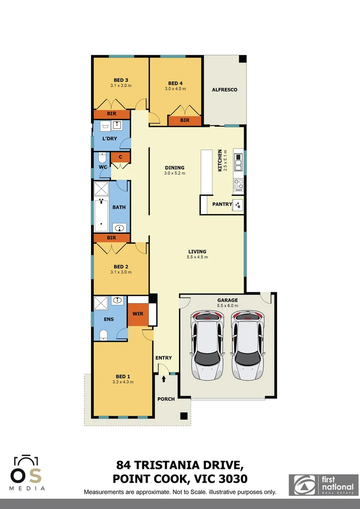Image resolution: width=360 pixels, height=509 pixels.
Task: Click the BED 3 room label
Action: pos(121,80)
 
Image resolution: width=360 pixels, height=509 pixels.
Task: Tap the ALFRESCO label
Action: pos(224,90)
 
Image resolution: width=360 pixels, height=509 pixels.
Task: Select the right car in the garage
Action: pos(248,345)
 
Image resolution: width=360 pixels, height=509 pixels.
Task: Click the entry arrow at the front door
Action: pos(164,378)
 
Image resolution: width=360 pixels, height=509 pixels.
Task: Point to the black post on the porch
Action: pos(184,416)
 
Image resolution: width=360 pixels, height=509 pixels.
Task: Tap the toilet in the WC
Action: pos(102,157)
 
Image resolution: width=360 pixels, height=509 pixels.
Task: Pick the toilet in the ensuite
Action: pos(104,334)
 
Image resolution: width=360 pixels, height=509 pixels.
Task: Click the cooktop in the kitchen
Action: pos(239,184)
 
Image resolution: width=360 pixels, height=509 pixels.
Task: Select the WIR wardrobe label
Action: pos(138,313)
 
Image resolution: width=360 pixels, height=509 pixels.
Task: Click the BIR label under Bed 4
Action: pos(185,120)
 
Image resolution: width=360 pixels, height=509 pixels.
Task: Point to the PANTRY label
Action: pos(222,204)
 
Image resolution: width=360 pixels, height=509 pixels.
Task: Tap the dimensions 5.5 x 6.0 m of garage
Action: pos(228,305)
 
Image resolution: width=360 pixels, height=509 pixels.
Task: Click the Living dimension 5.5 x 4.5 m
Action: pos(197,257)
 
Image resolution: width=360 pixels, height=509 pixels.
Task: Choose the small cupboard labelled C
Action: pos(121,157)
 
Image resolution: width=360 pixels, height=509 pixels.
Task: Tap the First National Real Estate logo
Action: pos(323,485)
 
